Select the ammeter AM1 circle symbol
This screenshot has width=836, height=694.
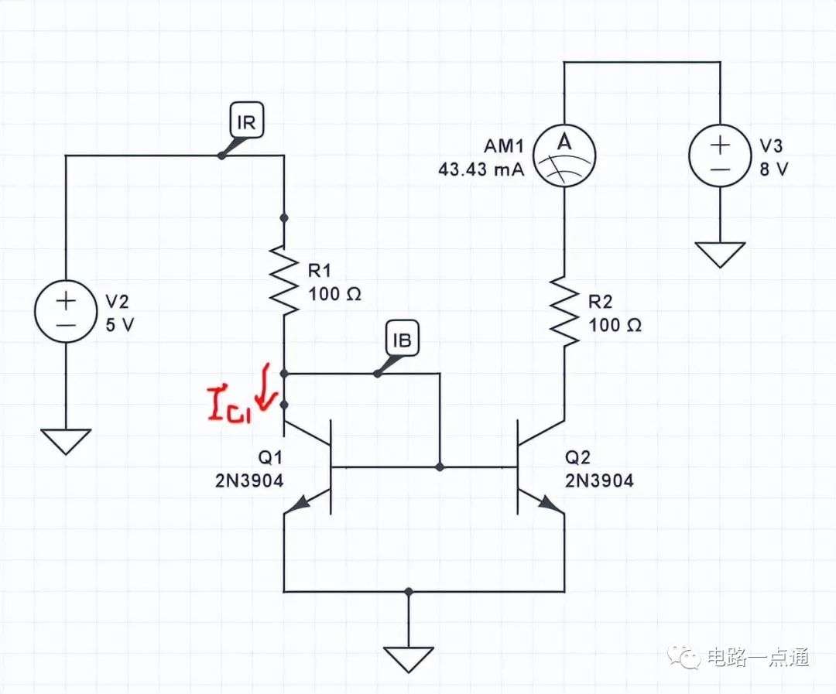coord(564,157)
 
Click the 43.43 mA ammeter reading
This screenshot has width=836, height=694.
coord(481,169)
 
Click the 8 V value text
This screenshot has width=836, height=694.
coord(773,169)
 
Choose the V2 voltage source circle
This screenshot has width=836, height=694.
coord(66,312)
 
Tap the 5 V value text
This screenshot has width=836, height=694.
coord(119,325)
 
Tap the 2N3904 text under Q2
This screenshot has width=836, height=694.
coord(599,480)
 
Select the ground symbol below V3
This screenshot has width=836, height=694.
coord(720,255)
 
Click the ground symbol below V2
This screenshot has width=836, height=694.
coord(66,442)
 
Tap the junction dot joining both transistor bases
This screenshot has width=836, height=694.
coord(440,467)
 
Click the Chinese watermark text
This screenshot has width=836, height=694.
coord(758,657)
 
